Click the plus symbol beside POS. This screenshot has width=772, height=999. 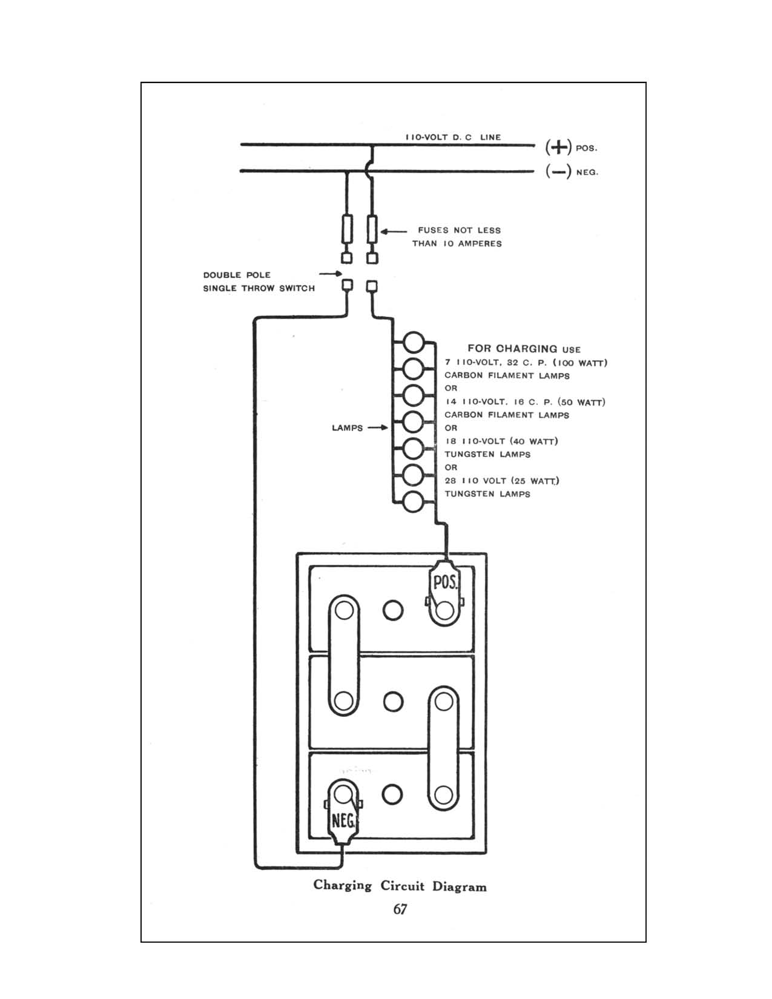coord(558,147)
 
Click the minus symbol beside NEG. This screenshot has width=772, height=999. coord(558,172)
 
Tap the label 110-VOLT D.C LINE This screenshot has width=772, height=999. coord(453,137)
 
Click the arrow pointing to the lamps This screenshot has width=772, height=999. coord(377,427)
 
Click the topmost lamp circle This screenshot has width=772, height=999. coord(414,342)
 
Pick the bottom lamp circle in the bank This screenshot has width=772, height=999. coord(414,502)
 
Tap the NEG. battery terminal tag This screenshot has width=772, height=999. coord(343,821)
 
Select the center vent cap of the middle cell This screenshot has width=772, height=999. coord(393,701)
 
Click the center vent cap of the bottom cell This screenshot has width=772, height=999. coord(393,794)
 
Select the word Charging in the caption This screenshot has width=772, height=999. coord(342,885)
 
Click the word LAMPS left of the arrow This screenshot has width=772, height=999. coord(347,427)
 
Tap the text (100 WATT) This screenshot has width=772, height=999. coord(580,363)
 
